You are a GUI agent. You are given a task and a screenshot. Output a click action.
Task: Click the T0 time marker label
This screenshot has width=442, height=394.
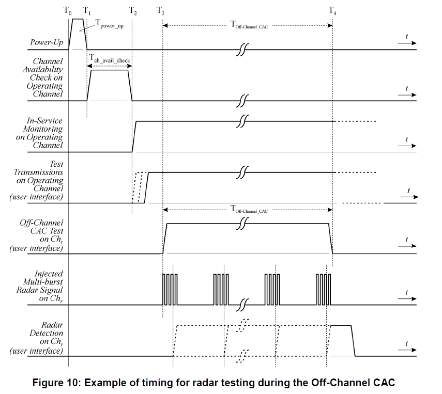click(x=70, y=11)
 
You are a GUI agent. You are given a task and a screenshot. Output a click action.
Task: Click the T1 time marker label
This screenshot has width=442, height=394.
click(x=87, y=11)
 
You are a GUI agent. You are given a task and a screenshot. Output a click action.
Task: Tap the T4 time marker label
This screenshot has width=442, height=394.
click(x=332, y=11)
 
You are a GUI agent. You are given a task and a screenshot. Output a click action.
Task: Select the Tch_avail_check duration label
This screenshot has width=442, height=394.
click(x=110, y=60)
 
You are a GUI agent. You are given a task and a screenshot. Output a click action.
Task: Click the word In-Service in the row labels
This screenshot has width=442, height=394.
click(x=44, y=121)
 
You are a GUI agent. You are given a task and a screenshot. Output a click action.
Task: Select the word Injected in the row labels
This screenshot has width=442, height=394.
click(x=49, y=274)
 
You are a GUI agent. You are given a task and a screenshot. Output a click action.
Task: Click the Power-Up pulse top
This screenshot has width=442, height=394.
click(x=78, y=19)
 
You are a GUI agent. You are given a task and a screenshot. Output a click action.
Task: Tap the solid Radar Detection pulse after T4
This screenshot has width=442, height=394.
click(x=341, y=326)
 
